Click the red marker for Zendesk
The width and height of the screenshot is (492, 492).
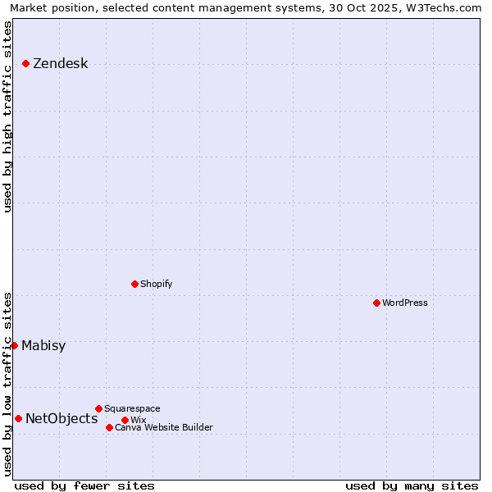point(26,63)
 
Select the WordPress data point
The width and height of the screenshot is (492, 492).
point(376,303)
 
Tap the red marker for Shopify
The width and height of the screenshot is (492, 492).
point(134,284)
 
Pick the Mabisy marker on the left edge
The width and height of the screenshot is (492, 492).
point(15,345)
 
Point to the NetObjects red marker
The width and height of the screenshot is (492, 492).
point(18,418)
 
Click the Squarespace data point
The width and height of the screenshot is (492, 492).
point(98,408)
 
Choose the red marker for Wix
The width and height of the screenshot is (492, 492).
point(125,420)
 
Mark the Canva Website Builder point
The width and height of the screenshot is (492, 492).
point(109,427)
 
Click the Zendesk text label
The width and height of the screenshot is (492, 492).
point(60,64)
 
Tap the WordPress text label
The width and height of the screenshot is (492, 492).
point(405,303)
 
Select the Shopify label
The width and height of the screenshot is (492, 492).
point(156,284)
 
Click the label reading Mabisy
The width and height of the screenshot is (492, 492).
point(43,345)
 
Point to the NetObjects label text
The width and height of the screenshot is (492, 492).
point(61,419)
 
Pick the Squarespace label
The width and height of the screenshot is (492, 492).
point(132,408)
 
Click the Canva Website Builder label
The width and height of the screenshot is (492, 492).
point(164,427)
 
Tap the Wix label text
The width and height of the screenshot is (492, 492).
point(138,420)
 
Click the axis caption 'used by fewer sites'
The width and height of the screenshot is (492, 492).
point(84,485)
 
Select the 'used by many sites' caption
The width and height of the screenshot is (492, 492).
point(412,485)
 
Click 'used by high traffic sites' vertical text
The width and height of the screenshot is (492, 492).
point(7,116)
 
